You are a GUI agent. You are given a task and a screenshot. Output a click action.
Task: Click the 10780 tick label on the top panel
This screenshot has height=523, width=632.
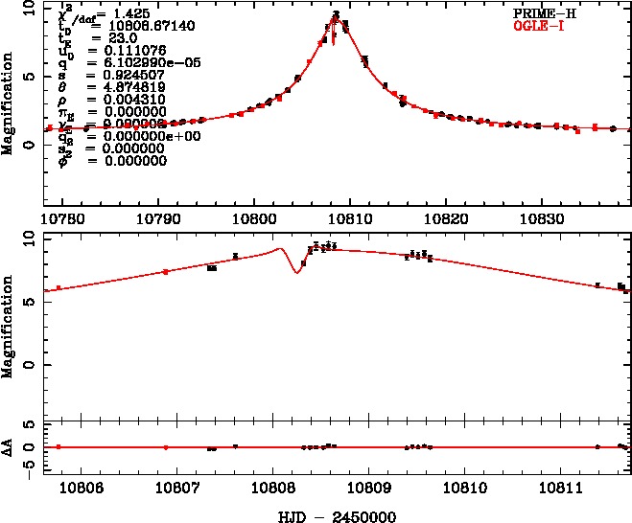(63, 216)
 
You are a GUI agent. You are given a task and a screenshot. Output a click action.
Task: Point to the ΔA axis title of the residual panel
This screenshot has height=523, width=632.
(9, 447)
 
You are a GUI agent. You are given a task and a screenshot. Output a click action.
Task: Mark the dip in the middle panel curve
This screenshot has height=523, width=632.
(296, 272)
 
